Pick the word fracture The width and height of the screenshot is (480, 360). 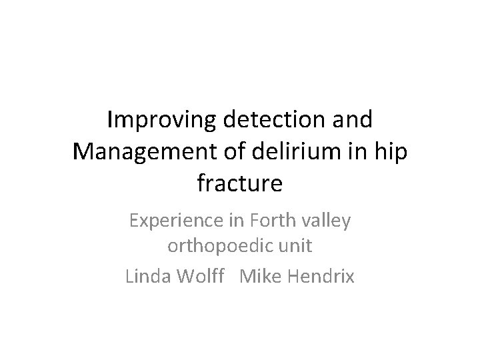240,183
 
